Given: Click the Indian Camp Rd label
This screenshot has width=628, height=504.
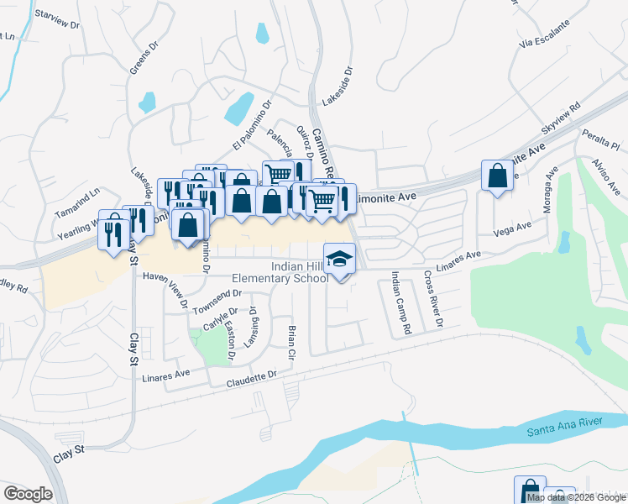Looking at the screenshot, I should [400, 304].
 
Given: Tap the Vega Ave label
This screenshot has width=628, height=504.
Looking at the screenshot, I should [514, 228].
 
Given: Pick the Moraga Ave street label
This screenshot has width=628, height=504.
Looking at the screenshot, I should [549, 194].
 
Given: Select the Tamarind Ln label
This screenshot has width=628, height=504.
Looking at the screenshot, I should [77, 214].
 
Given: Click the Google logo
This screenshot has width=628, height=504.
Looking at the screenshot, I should [28, 493].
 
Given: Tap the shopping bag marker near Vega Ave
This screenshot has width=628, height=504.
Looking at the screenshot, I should [497, 177].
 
